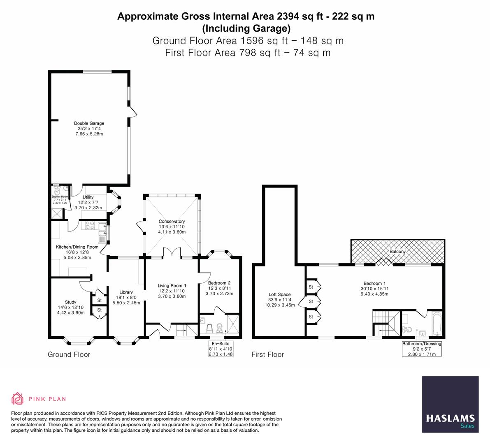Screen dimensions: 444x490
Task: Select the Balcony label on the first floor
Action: click(x=397, y=251)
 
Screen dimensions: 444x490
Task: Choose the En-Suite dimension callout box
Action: click(x=221, y=349)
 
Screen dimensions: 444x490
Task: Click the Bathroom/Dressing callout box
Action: click(x=422, y=349)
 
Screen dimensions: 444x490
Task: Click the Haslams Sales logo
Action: click(x=450, y=405)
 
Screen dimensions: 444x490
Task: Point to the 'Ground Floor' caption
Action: click(x=69, y=354)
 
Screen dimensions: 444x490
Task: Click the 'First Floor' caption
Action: click(x=267, y=354)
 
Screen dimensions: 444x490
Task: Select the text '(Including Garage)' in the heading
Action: click(x=246, y=29)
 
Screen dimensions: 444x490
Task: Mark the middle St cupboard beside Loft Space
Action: click(x=311, y=301)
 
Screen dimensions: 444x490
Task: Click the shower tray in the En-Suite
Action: click(x=233, y=325)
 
